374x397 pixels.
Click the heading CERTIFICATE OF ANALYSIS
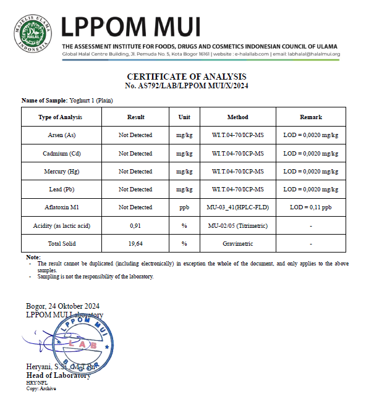coord(187,76)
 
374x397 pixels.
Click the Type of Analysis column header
coord(60,117)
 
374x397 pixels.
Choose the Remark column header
coord(310,117)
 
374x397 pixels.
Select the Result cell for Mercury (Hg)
coord(135,172)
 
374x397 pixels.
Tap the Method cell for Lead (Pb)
coord(238,190)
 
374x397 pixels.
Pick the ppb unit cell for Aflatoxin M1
coord(184,207)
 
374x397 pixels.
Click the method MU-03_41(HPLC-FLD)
coord(238,207)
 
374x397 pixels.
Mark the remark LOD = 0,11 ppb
coord(310,207)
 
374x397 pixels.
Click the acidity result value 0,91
coord(135,226)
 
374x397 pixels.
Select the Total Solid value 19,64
coord(135,244)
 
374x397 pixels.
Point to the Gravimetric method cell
coord(238,244)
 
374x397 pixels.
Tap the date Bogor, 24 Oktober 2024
coord(63,306)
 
